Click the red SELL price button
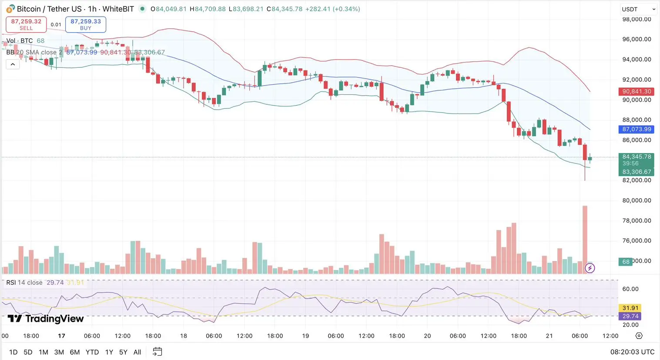pos(26,24)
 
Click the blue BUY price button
pos(86,24)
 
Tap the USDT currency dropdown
pos(638,9)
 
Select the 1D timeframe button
pos(13,352)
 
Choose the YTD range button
pos(92,352)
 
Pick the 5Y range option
pos(123,352)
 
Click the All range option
pos(137,352)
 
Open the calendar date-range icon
pos(157,352)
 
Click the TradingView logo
pos(46,319)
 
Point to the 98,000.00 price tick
pos(637,19)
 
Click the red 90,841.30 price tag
pos(637,92)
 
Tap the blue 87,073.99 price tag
pos(637,129)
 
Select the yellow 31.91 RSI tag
pos(630,308)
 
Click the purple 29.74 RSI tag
pos(630,316)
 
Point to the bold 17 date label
pos(62,336)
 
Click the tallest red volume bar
pos(585,239)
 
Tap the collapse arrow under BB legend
pos(13,64)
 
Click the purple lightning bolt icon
pos(590,268)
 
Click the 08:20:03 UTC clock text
pos(632,352)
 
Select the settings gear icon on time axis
pos(639,336)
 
